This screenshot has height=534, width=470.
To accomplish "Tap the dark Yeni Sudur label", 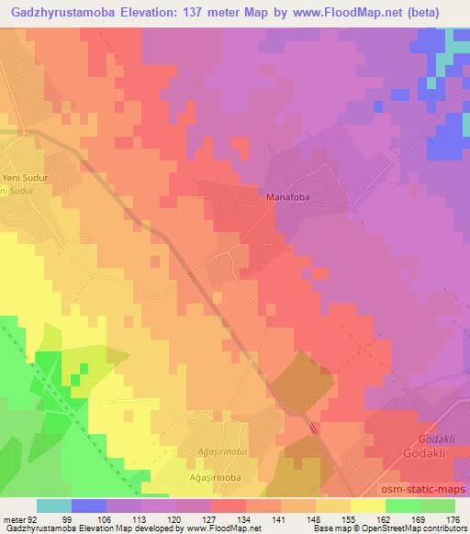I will pyautogui.click(x=24, y=179).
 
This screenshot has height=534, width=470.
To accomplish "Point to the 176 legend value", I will pyautogui.click(x=453, y=519).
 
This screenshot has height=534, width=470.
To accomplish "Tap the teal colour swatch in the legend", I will pyautogui.click(x=54, y=506).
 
